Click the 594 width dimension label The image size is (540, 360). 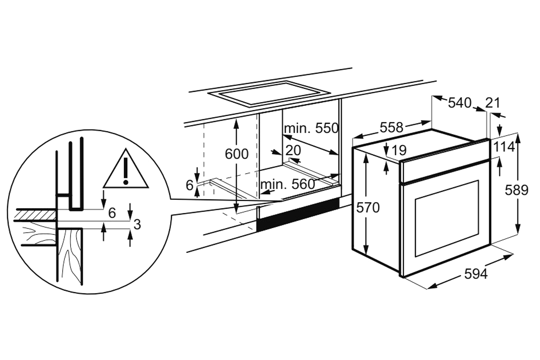click(x=476, y=274)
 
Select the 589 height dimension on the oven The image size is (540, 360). click(x=517, y=190)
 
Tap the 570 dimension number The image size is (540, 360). click(x=368, y=207)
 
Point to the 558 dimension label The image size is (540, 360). click(x=391, y=127)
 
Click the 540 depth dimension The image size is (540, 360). click(x=459, y=103)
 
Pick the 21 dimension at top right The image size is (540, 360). click(x=492, y=103)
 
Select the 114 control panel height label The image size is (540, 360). click(x=504, y=147)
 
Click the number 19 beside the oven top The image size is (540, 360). click(x=399, y=150)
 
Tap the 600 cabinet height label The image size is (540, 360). click(x=237, y=154)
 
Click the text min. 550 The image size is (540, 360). click(x=311, y=128)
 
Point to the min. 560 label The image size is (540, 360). click(x=288, y=184)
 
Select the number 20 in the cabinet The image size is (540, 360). click(x=293, y=150)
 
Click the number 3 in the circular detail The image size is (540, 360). click(x=137, y=225)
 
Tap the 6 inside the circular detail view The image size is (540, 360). click(x=112, y=213)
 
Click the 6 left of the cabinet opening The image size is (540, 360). click(x=189, y=185)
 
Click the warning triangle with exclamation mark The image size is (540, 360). click(x=126, y=169)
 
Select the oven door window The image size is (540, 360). click(x=446, y=218)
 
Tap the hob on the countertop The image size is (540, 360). click(x=268, y=94)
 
